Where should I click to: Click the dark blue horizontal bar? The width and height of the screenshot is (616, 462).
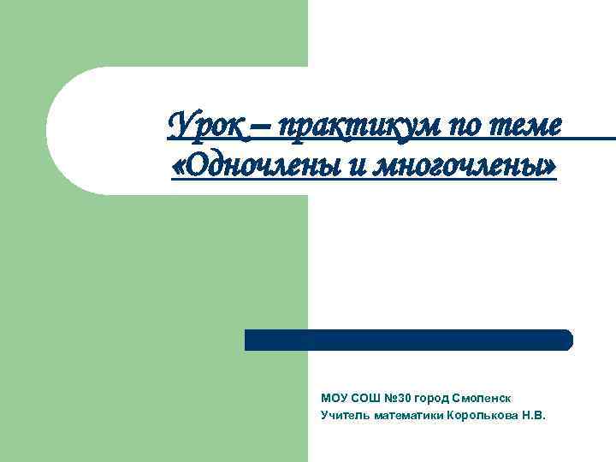pyautogui.click(x=409, y=340)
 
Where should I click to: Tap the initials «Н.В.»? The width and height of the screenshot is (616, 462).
pyautogui.click(x=533, y=415)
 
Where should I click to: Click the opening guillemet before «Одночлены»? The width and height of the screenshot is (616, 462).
pyautogui.click(x=179, y=165)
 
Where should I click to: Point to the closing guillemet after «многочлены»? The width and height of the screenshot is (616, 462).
pyautogui.click(x=548, y=165)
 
